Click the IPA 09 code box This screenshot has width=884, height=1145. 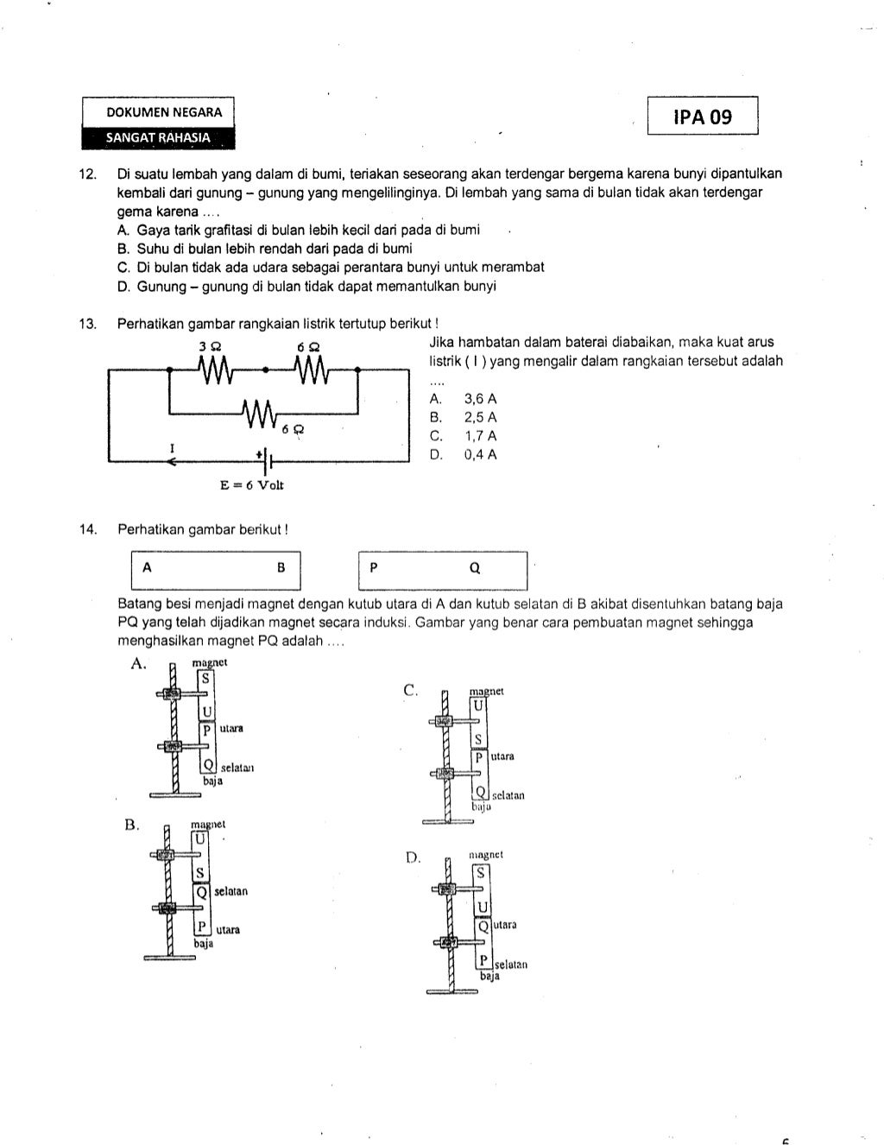pyautogui.click(x=702, y=117)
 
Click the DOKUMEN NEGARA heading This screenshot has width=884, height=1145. pyautogui.click(x=164, y=112)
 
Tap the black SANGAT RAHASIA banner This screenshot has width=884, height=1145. pyautogui.click(x=158, y=137)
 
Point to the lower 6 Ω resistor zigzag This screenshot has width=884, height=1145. pyautogui.click(x=260, y=414)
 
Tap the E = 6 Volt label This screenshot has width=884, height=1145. pyautogui.click(x=252, y=485)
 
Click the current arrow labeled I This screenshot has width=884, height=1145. pyautogui.click(x=172, y=459)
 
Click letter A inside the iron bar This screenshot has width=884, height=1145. pyautogui.click(x=148, y=568)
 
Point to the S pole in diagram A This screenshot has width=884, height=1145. pyautogui.click(x=205, y=679)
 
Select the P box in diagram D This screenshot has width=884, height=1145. pyautogui.click(x=484, y=960)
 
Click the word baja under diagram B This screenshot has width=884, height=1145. pyautogui.click(x=203, y=945)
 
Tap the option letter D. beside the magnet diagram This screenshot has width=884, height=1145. pyautogui.click(x=412, y=857)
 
